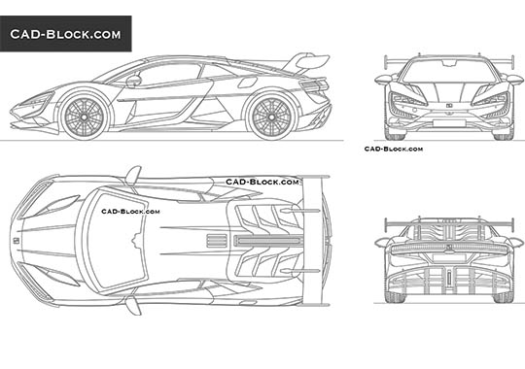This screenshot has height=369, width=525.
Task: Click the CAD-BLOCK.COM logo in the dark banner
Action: pos(65,34)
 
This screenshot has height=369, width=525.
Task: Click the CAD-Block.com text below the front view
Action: pos(393,149)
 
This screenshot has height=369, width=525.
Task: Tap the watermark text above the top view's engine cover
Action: pos(262,182)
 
